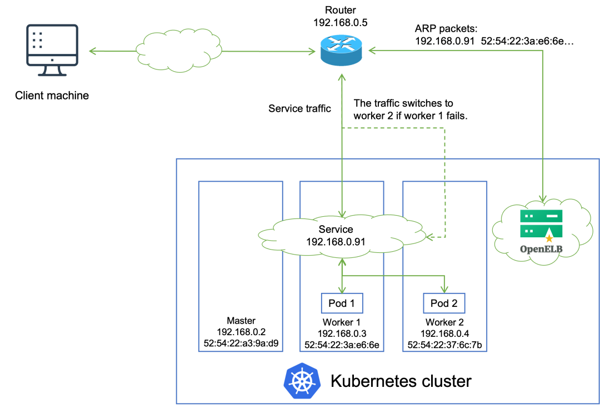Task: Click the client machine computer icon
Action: [x=52, y=50]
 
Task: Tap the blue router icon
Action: [x=341, y=51]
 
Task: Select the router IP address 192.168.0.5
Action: [x=340, y=23]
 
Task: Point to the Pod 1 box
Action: [x=342, y=303]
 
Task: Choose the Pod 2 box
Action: [x=444, y=303]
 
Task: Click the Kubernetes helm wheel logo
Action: [x=302, y=381]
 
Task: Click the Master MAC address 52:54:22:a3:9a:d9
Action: [x=241, y=344]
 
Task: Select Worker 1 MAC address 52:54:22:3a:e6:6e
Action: [x=342, y=345]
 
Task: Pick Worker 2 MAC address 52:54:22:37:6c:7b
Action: [x=444, y=345]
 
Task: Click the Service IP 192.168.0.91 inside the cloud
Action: [x=336, y=242]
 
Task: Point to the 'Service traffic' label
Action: [x=299, y=109]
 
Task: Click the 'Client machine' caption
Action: [x=52, y=95]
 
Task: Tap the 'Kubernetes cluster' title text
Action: [x=401, y=381]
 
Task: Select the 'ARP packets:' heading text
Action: [x=446, y=29]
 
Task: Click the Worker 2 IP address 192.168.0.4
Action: [x=444, y=334]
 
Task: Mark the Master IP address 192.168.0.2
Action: [x=241, y=332]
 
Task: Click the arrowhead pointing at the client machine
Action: [x=92, y=51]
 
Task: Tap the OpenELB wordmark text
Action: [x=541, y=249]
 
